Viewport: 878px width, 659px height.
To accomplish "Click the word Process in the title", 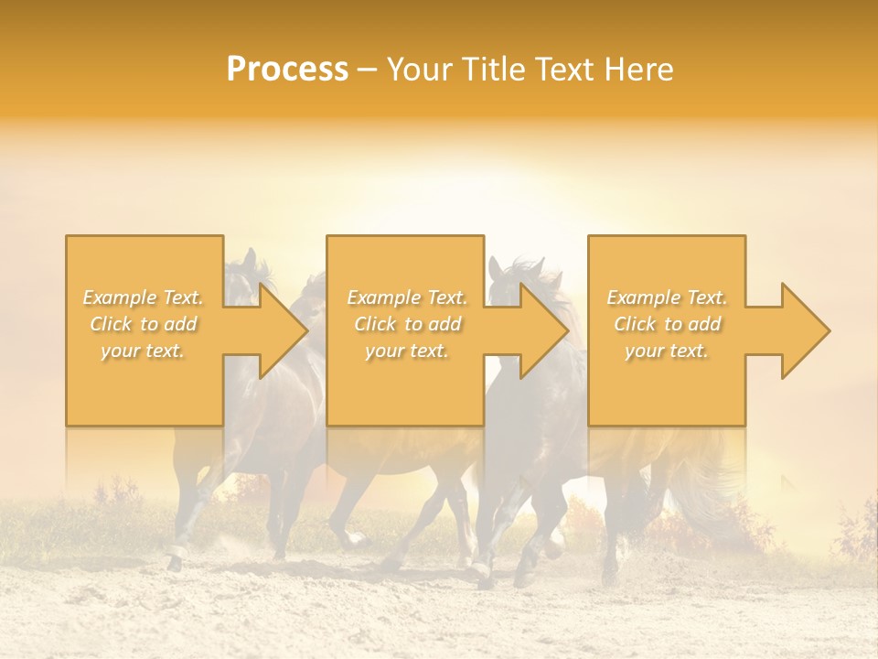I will (x=287, y=70).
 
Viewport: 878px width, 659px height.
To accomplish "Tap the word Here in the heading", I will (x=640, y=70).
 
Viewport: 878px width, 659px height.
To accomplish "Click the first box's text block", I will (x=144, y=324).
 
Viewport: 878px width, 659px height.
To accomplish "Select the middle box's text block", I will (x=407, y=324).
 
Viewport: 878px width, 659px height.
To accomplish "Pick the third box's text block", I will (x=667, y=324).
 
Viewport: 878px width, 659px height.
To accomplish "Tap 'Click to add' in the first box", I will (x=144, y=324).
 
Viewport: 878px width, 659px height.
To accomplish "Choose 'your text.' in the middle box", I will (x=407, y=351).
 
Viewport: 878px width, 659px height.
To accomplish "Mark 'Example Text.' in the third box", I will (x=667, y=297).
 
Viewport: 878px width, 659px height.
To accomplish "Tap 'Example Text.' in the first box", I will (x=144, y=297).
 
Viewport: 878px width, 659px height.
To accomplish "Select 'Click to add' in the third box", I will (x=667, y=324).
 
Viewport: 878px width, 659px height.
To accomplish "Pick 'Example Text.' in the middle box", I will (x=407, y=297).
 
